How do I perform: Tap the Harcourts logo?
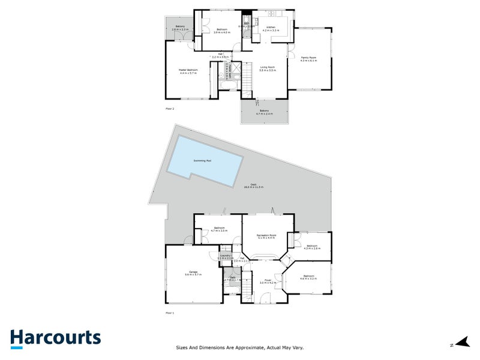point(55,338)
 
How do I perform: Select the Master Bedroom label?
point(188,71)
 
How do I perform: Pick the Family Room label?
point(308,59)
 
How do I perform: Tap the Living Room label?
point(268,68)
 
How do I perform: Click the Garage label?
point(193,273)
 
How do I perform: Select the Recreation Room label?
point(266,236)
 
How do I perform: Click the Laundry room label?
point(226,256)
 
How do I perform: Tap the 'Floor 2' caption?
point(169,109)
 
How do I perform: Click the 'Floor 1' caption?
point(169,313)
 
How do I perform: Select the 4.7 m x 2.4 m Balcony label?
point(265,112)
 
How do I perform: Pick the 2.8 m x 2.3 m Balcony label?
point(180,28)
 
